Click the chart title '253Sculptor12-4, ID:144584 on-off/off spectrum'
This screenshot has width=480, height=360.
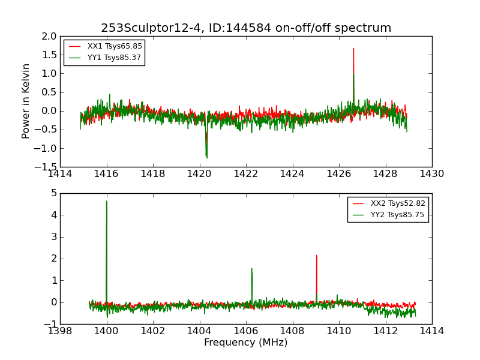[246, 28]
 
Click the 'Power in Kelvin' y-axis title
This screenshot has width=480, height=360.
[26, 101]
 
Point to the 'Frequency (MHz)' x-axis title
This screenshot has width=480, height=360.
[246, 343]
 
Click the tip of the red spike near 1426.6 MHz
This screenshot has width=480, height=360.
[353, 49]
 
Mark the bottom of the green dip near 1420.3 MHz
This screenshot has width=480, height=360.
[206, 158]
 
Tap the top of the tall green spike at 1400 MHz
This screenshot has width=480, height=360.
[107, 202]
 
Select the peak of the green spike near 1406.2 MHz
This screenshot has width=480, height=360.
[251, 268]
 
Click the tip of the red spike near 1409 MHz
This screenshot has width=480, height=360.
[316, 256]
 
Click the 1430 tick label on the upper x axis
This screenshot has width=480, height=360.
[431, 174]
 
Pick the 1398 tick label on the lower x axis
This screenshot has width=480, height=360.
[60, 331]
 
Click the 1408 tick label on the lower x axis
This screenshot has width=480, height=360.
[292, 331]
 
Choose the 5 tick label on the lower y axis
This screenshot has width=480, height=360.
[54, 193]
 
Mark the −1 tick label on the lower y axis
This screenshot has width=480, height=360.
[50, 324]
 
